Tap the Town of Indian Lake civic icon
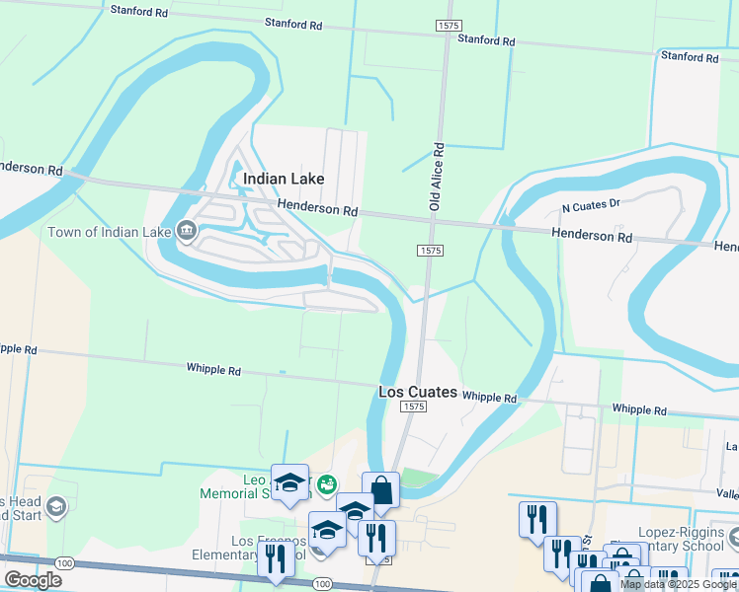coord(187,232)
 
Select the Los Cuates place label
coord(418,392)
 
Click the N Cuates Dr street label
coord(590,207)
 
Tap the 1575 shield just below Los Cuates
coord(414,407)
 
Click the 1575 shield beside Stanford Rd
coord(444,23)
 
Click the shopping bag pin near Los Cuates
coord(380,490)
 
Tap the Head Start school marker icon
coord(57,508)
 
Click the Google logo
coord(33,580)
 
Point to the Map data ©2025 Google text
coord(678,584)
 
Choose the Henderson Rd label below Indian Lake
coord(317,209)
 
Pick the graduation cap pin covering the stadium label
coord(289,482)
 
